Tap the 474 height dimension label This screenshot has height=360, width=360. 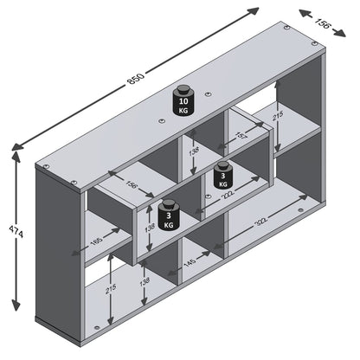(x=15, y=234)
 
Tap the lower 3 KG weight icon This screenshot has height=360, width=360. (x=166, y=214)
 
